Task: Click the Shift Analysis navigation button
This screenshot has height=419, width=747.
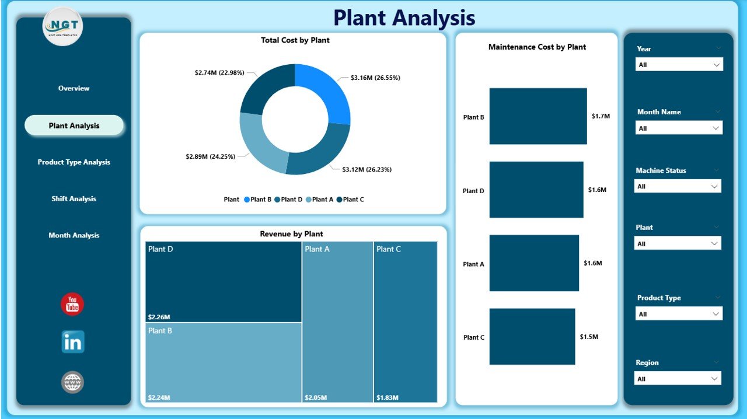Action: pyautogui.click(x=74, y=199)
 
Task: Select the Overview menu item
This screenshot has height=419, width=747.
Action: pyautogui.click(x=74, y=89)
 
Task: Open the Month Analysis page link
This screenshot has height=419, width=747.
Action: pyautogui.click(x=74, y=236)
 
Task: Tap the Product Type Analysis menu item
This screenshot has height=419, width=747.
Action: pyautogui.click(x=74, y=162)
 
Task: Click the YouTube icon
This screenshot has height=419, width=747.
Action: pyautogui.click(x=72, y=305)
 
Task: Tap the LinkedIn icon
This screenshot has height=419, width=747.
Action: pyautogui.click(x=73, y=342)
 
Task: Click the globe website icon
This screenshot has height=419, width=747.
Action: pyautogui.click(x=73, y=382)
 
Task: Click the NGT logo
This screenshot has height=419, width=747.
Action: pyautogui.click(x=63, y=26)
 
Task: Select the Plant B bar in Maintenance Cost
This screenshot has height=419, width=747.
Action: pyautogui.click(x=537, y=116)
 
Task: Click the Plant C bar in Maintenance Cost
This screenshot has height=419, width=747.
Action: pyautogui.click(x=532, y=337)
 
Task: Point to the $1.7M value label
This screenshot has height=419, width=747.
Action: pyautogui.click(x=600, y=116)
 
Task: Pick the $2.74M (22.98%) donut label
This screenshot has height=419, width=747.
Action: pyautogui.click(x=220, y=73)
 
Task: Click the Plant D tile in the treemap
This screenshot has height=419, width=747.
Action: pyautogui.click(x=224, y=282)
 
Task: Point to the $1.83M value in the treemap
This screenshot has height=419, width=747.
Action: pyautogui.click(x=388, y=397)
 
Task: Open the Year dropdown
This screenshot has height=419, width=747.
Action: pyautogui.click(x=679, y=65)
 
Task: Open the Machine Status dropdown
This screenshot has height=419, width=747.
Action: pyautogui.click(x=677, y=187)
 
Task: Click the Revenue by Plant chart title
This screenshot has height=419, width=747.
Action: pyautogui.click(x=291, y=234)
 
